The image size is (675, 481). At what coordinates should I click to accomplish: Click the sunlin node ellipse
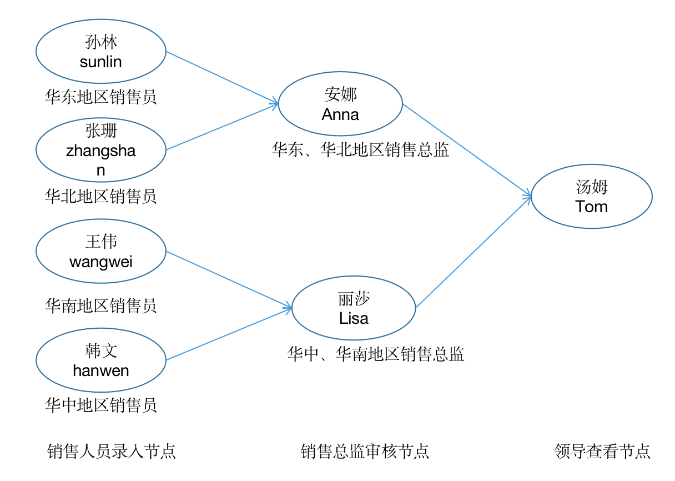101,52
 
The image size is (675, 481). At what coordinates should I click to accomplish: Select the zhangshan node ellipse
101,150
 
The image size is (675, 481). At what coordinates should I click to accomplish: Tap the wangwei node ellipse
101,251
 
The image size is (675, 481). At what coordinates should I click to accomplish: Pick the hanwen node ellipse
101,360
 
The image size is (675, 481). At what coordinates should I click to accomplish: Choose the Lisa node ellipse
354,309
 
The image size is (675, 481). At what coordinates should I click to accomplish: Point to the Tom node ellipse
592,197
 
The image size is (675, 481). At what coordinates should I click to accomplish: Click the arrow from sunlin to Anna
222,78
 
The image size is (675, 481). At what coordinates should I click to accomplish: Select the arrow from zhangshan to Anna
222,127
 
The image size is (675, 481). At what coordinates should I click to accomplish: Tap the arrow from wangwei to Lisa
229,279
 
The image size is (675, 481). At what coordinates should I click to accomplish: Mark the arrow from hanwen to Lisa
229,334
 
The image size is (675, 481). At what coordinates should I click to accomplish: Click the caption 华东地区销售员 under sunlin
101,97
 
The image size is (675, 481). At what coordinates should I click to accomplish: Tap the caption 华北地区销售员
101,196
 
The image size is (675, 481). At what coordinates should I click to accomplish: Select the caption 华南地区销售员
101,305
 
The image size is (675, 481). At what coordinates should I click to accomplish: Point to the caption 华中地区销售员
101,405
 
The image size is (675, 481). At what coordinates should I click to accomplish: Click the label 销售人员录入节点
112,451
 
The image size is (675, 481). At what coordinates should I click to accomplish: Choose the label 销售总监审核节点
365,451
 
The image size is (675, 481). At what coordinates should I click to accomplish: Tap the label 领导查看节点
602,451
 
